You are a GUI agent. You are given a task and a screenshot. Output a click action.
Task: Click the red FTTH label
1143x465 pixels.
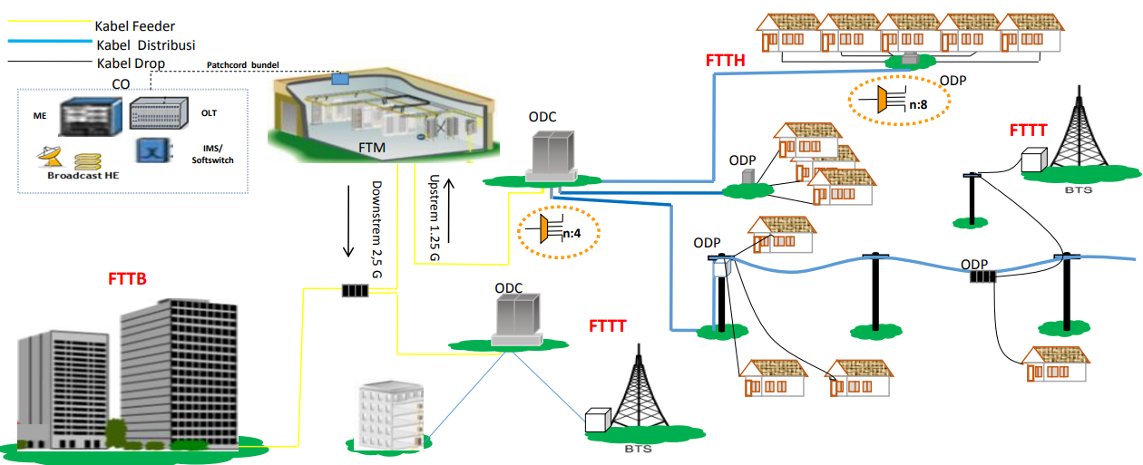(x=726, y=62)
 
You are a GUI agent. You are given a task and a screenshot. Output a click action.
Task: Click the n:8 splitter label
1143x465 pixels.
(x=918, y=105)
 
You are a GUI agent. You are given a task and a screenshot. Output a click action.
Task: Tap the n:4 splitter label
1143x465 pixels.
(x=571, y=234)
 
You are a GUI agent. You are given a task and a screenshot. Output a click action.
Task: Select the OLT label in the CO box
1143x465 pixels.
(x=209, y=113)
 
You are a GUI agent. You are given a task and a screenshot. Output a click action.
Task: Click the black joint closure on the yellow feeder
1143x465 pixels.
(x=355, y=291)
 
